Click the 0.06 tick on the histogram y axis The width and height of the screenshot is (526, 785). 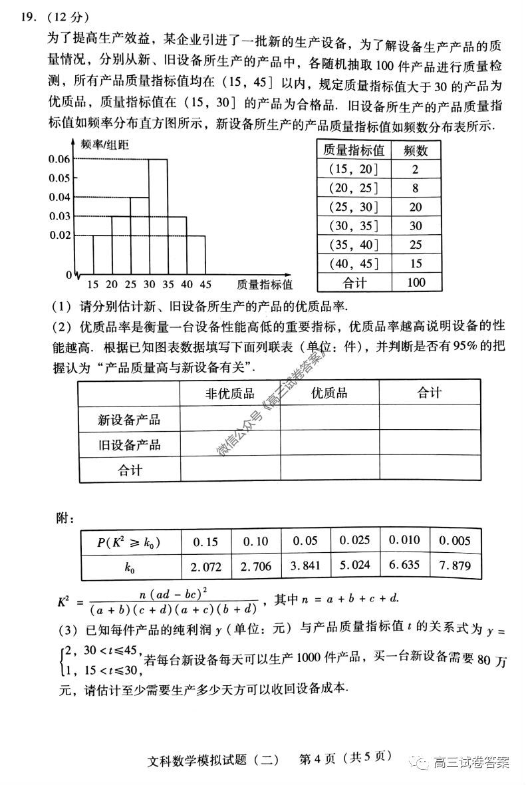[x=59, y=159]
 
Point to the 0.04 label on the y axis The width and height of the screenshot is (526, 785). [x=59, y=197]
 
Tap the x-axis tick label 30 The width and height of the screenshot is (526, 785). [x=149, y=285]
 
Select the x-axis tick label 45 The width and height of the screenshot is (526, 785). [x=205, y=285]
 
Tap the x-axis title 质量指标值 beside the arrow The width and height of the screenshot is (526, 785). [x=264, y=285]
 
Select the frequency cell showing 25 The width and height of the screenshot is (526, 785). [x=416, y=245]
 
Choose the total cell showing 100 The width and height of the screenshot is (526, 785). [x=416, y=283]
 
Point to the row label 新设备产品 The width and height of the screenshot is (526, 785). [x=129, y=420]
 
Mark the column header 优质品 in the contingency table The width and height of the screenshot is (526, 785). [x=329, y=393]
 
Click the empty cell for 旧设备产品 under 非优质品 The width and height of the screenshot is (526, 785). [x=229, y=444]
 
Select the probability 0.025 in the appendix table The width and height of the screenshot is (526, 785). [x=354, y=541]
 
